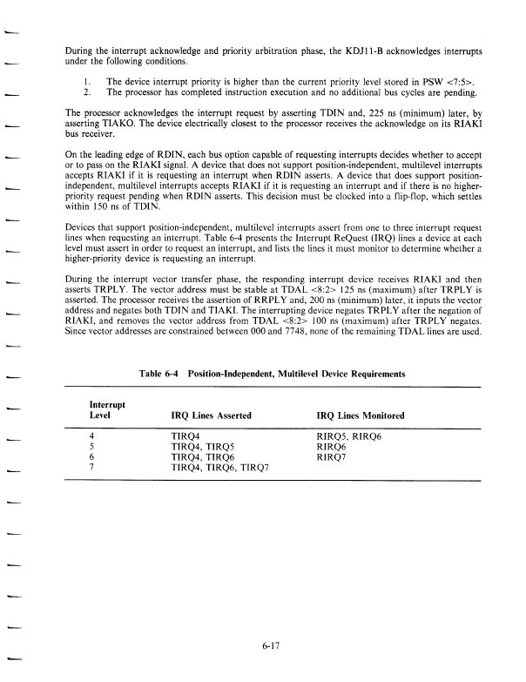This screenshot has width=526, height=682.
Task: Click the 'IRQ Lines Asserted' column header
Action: pos(212,415)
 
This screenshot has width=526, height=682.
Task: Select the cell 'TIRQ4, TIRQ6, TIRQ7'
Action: pos(220,466)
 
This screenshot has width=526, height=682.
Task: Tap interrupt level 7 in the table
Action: pos(92,466)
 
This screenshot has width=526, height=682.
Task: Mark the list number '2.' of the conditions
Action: pos(88,91)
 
